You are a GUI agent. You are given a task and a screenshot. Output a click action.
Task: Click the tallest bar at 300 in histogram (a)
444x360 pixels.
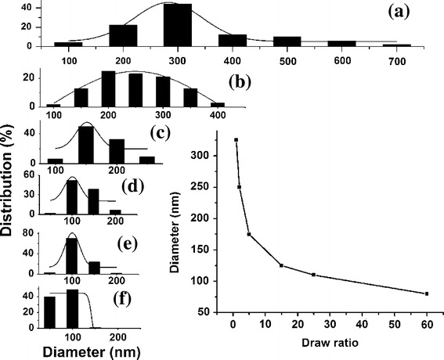(177, 24)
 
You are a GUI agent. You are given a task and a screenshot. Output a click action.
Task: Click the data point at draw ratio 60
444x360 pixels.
(427, 293)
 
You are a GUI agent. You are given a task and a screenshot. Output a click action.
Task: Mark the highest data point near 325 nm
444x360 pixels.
(236, 140)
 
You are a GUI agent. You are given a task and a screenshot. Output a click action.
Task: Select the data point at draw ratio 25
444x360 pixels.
(313, 275)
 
